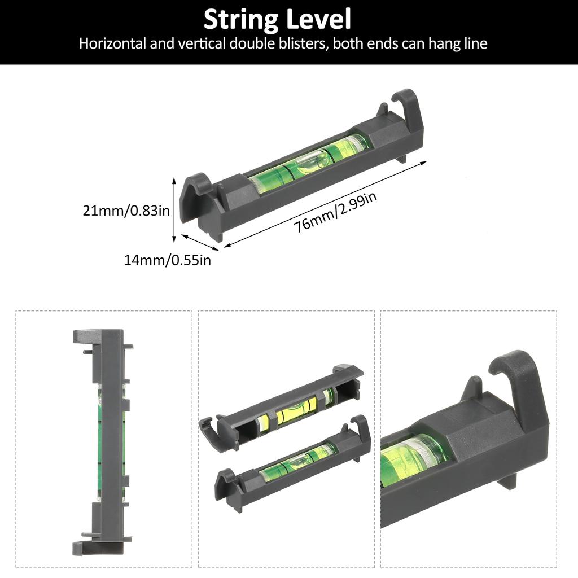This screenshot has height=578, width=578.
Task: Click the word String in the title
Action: click(240, 20)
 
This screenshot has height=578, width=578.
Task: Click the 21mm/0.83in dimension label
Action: click(126, 211)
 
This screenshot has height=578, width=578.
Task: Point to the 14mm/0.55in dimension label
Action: click(168, 260)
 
